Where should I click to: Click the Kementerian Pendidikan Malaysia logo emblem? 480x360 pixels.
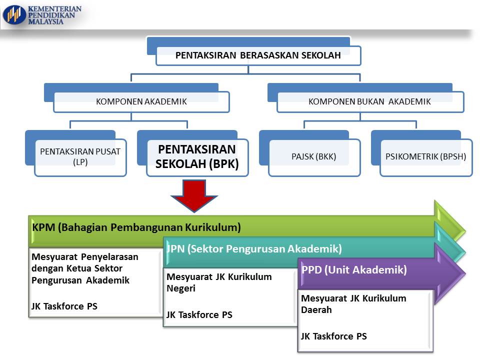(x=14, y=14)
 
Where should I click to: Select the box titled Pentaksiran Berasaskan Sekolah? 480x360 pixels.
(x=258, y=55)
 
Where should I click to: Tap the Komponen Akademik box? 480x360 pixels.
(x=141, y=101)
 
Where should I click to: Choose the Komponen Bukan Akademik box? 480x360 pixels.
(x=369, y=101)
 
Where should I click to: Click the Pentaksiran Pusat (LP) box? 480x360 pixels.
(x=80, y=157)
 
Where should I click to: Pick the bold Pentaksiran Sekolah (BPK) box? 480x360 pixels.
(x=197, y=156)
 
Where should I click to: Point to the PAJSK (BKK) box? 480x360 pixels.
(x=314, y=157)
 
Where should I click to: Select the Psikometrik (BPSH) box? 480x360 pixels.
(x=426, y=157)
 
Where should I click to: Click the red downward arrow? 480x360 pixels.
(x=195, y=195)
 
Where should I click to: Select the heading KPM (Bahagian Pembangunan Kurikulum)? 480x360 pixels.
(x=136, y=227)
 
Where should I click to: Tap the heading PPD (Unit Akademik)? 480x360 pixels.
(x=354, y=270)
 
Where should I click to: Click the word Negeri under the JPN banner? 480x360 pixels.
(x=181, y=288)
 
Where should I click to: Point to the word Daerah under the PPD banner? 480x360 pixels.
(x=316, y=310)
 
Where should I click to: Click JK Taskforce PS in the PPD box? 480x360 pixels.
(x=334, y=336)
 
